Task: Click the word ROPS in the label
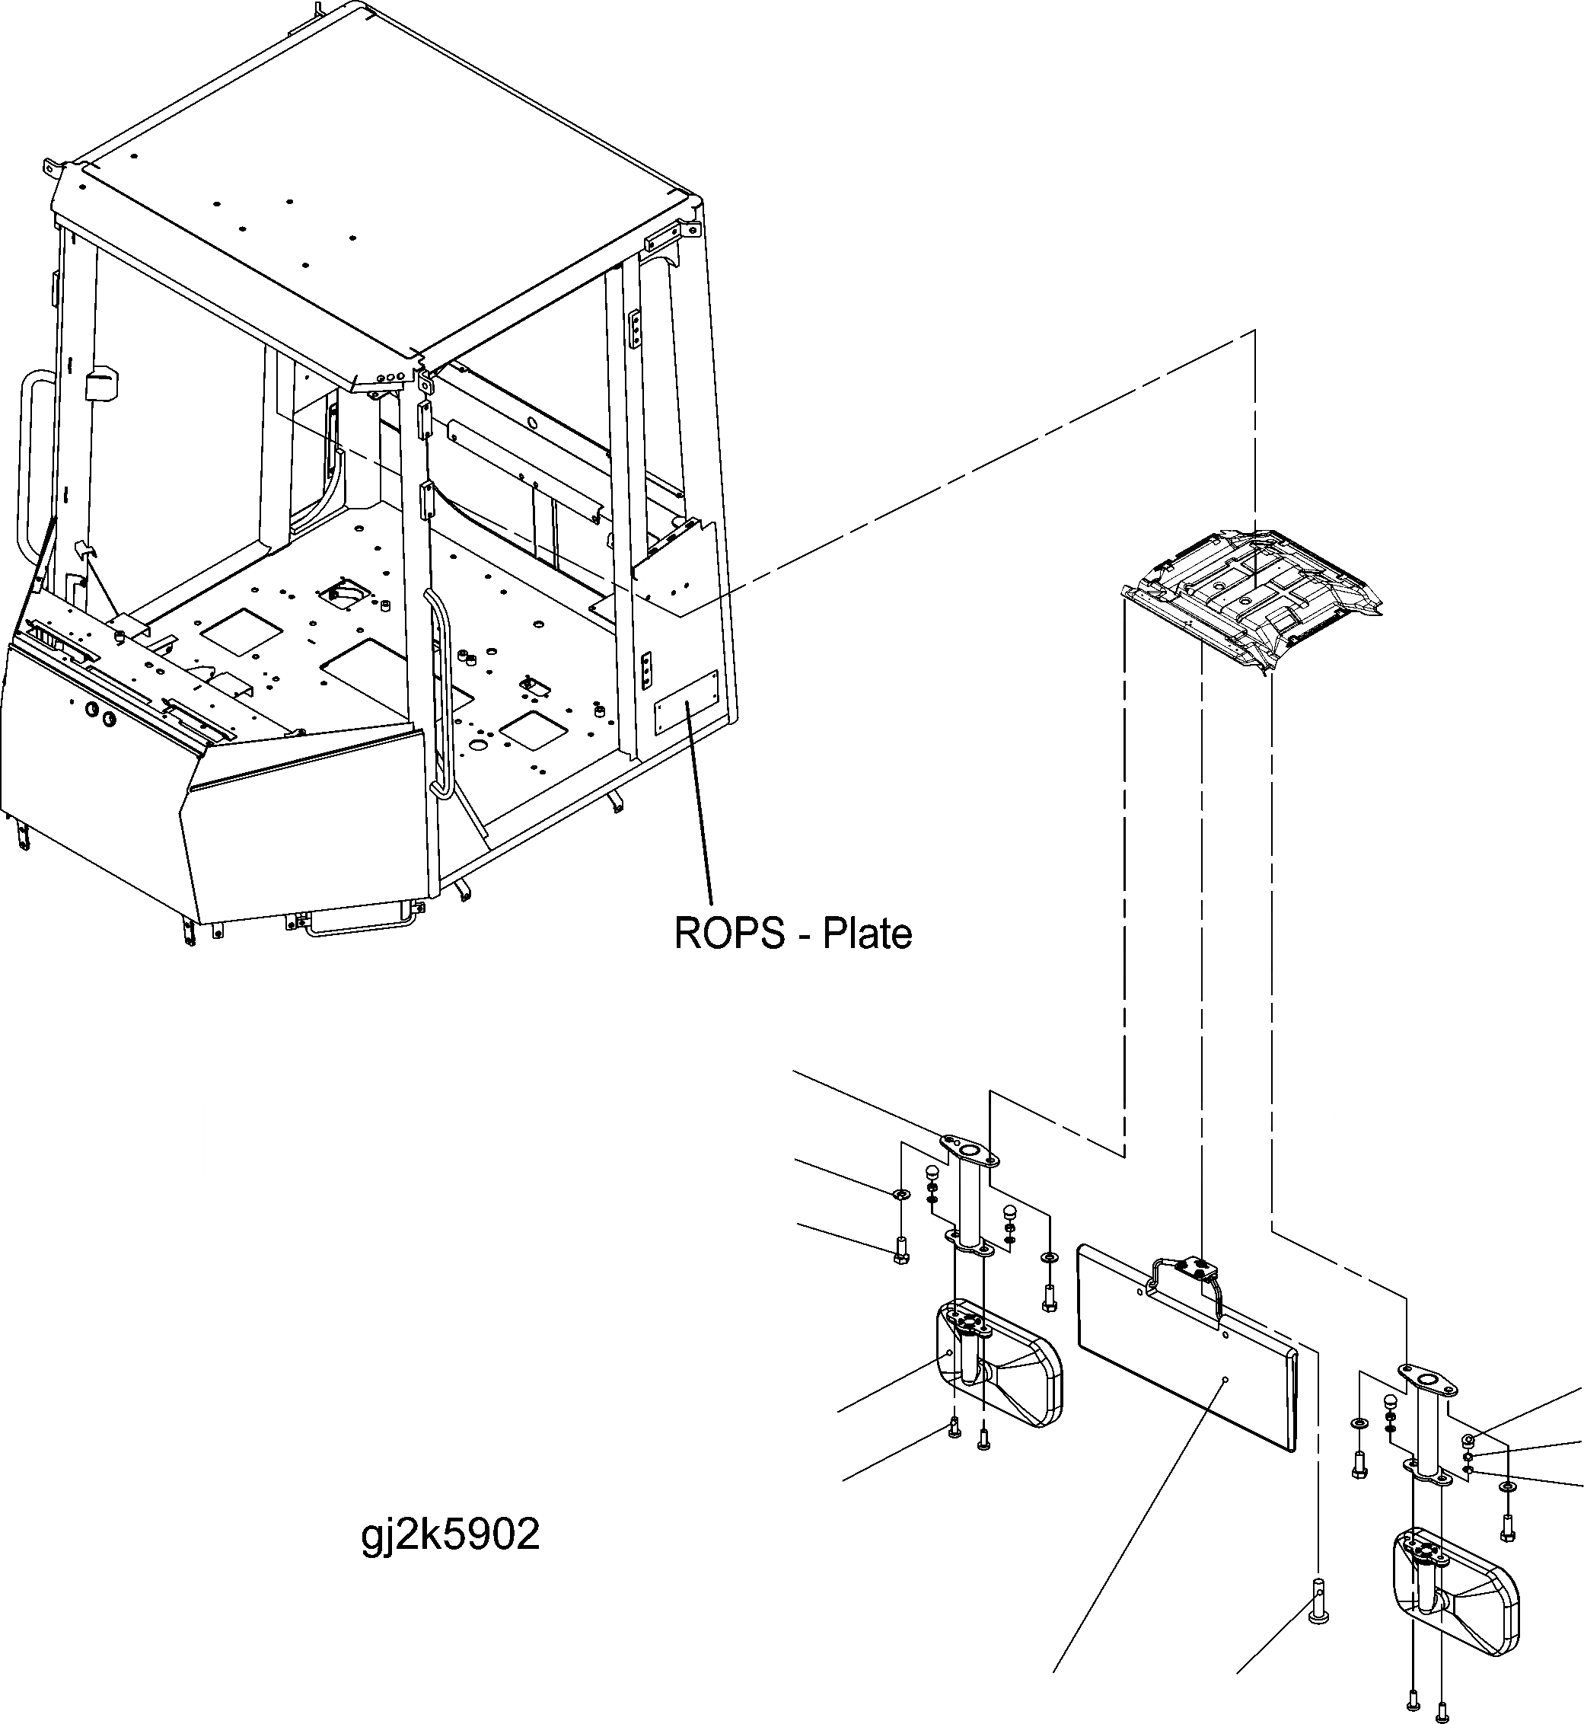pos(728,934)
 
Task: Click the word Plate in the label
pos(868,934)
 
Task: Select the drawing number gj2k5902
pos(451,1534)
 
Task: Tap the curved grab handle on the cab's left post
pos(28,463)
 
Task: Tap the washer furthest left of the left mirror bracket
pos(899,1193)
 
